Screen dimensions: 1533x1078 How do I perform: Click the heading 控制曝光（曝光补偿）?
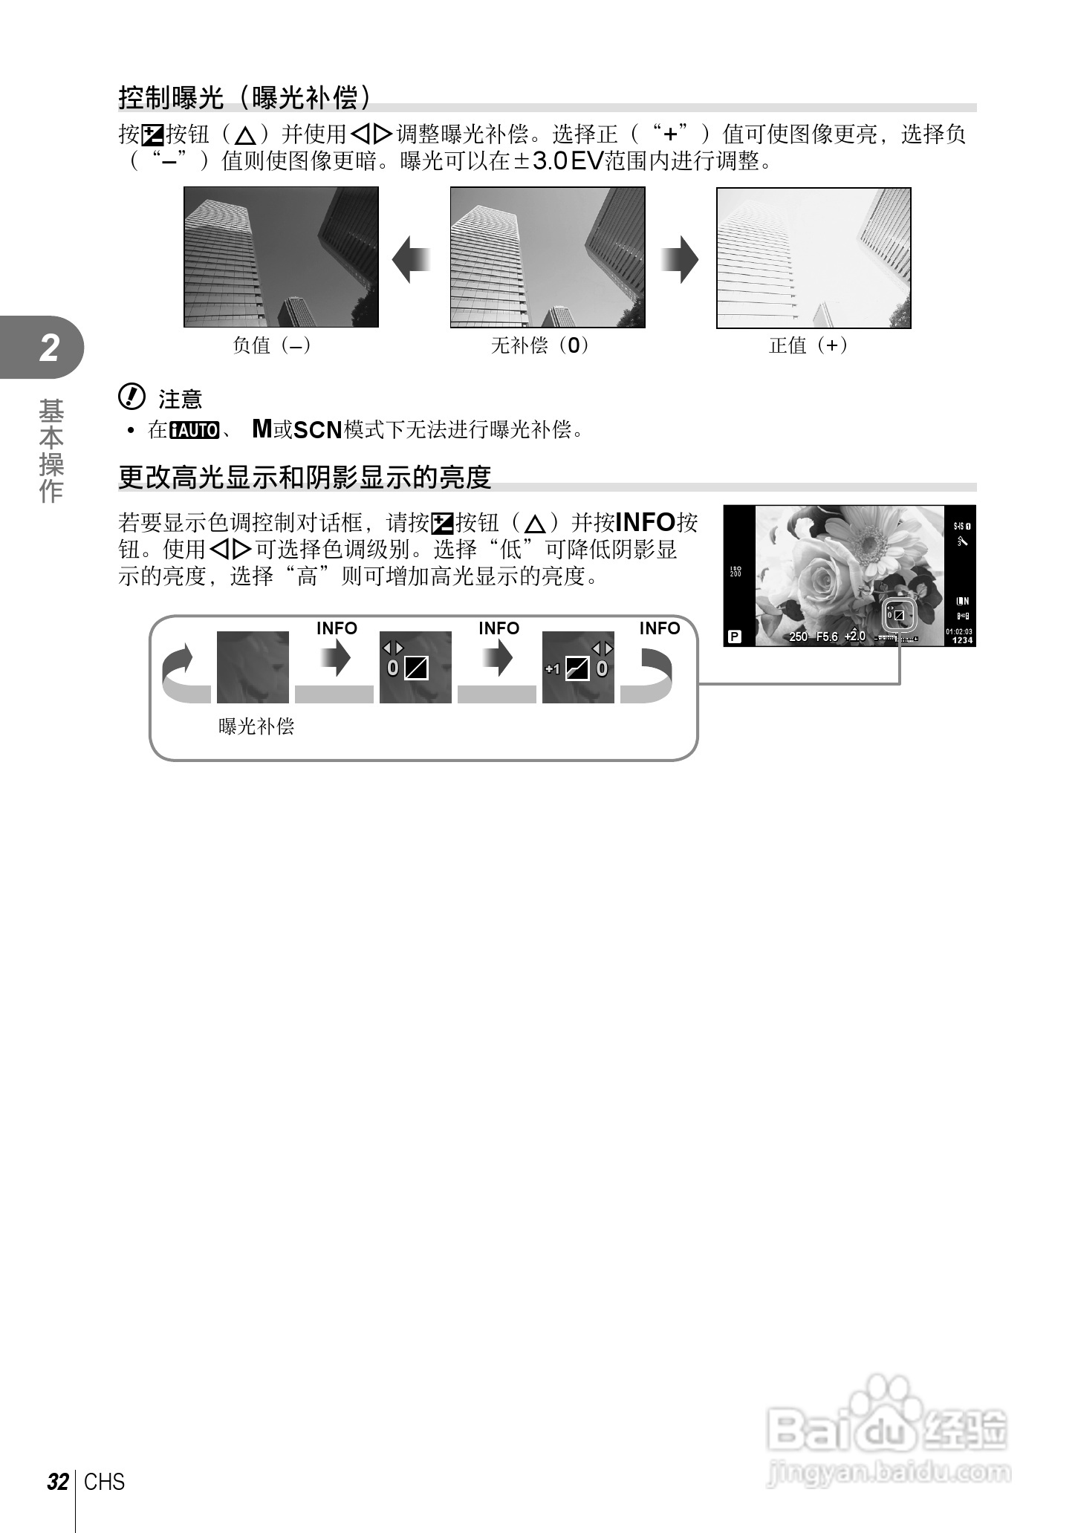point(245,97)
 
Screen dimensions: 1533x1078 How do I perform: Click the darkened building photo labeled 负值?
point(281,257)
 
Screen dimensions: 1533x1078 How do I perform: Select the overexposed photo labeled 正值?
point(814,258)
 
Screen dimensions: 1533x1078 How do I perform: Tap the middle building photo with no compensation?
point(548,257)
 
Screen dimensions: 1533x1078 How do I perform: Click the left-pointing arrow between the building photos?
point(411,259)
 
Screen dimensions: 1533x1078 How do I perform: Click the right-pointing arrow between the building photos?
point(680,259)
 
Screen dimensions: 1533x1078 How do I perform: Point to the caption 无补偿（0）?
point(540,345)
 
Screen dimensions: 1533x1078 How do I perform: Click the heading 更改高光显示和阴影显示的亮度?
point(305,477)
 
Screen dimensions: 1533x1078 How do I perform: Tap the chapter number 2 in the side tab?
point(49,348)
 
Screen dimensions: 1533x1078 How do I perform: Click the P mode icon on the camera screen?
point(735,637)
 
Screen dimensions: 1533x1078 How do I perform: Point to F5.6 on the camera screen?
point(827,637)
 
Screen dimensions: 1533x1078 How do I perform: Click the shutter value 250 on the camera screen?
point(799,637)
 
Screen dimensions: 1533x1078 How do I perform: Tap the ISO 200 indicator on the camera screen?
point(736,571)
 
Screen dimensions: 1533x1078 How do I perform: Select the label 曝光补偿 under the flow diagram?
point(256,726)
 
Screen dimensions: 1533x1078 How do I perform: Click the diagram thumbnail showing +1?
point(578,667)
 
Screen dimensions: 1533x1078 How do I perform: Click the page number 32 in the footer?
point(57,1482)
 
